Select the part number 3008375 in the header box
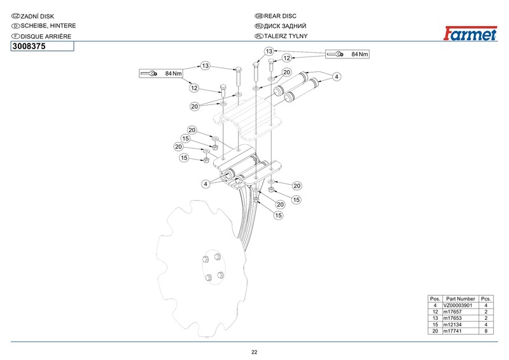(29, 46)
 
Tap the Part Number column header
(461, 299)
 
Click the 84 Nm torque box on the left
(162, 74)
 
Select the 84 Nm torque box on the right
(348, 54)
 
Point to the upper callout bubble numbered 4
(337, 76)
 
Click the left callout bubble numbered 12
(194, 88)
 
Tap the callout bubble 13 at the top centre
(269, 51)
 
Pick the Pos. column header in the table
(435, 299)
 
